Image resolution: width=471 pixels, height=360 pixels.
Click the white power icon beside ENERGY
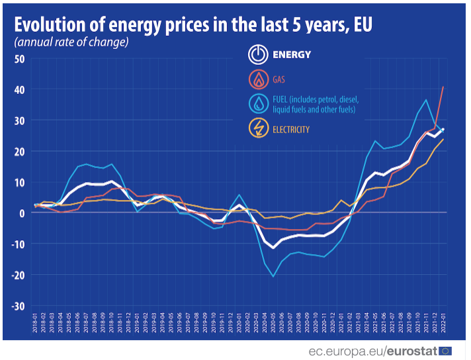tap(258, 55)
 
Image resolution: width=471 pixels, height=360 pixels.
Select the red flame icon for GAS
tap(258, 80)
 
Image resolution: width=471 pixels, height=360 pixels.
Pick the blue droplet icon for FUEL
tap(258, 105)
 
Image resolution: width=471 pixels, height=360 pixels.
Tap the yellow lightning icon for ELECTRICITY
tap(258, 129)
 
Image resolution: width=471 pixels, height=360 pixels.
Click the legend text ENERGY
tap(292, 55)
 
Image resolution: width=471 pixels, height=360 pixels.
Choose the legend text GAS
tap(280, 80)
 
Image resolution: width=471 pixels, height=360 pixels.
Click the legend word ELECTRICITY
tap(291, 130)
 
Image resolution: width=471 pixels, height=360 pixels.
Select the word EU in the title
tap(362, 24)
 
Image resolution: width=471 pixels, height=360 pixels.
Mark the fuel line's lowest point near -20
tap(273, 277)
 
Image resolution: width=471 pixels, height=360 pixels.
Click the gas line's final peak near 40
tap(443, 87)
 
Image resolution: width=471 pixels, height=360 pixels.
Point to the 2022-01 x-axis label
tap(443, 324)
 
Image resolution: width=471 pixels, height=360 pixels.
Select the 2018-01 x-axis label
tap(35, 324)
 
